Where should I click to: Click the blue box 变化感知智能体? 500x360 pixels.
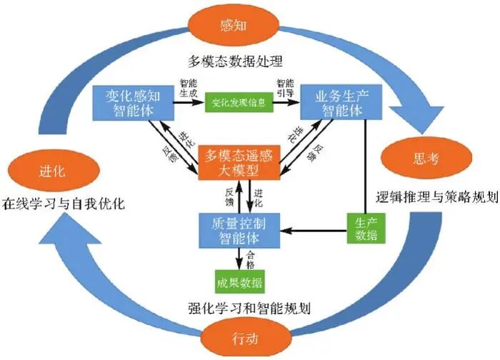(132, 102)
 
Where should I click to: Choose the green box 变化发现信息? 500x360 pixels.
(239, 103)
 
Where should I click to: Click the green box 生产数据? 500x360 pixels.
(363, 228)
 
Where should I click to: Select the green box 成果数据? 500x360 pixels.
(240, 280)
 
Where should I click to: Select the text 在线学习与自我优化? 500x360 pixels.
(64, 204)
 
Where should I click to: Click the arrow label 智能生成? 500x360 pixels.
(187, 87)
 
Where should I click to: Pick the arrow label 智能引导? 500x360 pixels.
(285, 87)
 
